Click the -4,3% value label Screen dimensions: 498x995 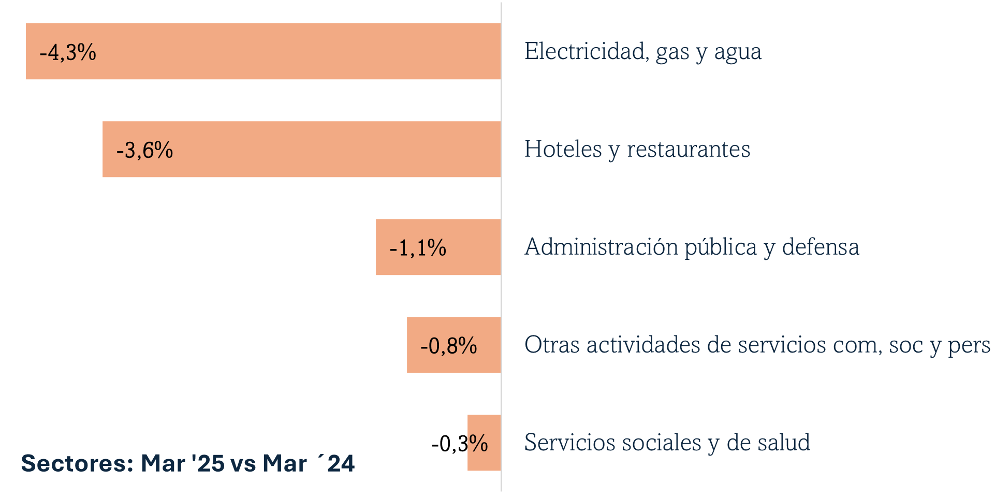tap(68, 52)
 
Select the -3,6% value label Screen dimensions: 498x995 tap(144, 150)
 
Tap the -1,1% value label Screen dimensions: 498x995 tap(418, 248)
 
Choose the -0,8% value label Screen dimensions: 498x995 tap(448, 346)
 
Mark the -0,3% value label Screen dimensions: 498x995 tap(459, 444)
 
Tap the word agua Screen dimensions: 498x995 tap(738, 53)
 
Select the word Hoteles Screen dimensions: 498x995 tap(563, 149)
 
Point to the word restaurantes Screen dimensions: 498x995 tap(689, 150)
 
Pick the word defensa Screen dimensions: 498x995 tap(821, 247)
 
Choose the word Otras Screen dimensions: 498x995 tap(552, 345)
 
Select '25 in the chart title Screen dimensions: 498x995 tap(208, 463)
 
